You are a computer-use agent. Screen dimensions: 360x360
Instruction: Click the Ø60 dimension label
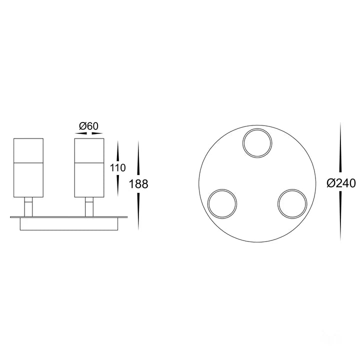88,126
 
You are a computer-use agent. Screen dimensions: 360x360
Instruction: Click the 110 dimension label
118,168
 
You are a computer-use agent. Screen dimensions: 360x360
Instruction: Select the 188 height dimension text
138,184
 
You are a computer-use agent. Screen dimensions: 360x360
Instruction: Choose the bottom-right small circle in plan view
292,204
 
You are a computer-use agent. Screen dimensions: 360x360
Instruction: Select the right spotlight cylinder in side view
88,168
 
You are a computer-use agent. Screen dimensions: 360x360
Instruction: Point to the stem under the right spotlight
89,207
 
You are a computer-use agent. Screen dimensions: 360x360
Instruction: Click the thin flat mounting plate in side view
69,217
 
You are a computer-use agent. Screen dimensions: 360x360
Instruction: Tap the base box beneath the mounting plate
69,224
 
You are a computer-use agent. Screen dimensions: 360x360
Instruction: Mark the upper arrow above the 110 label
118,150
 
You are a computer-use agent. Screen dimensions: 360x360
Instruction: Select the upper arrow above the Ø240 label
340,150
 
